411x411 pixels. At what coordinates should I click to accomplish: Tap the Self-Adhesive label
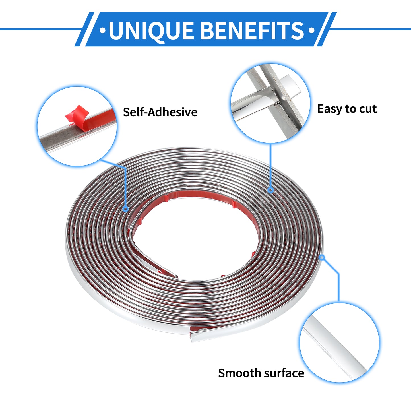160,112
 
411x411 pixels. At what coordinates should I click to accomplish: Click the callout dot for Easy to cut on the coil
271,190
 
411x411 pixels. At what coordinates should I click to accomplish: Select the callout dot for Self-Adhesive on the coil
126,209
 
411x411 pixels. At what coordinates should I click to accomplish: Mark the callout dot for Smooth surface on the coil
322,258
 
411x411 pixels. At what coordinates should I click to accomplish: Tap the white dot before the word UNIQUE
103,30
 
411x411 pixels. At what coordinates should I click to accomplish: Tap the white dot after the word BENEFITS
312,30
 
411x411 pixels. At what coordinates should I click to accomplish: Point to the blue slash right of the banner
327,29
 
